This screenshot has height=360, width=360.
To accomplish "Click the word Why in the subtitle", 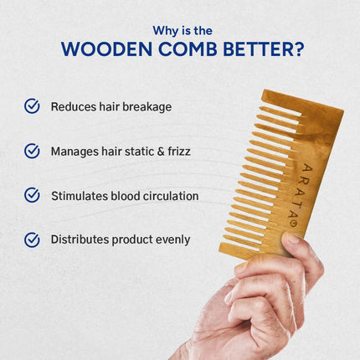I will [165, 30].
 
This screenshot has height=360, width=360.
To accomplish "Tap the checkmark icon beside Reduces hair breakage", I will [32, 106].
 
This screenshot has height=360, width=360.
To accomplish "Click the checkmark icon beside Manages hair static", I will [32, 152].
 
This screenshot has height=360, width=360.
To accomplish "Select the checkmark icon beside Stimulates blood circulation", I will [32, 195].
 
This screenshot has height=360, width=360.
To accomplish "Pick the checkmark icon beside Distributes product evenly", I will [32, 239].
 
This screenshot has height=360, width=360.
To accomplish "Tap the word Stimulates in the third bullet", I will [78, 196].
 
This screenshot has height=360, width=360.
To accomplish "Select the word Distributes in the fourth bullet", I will [80, 239].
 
